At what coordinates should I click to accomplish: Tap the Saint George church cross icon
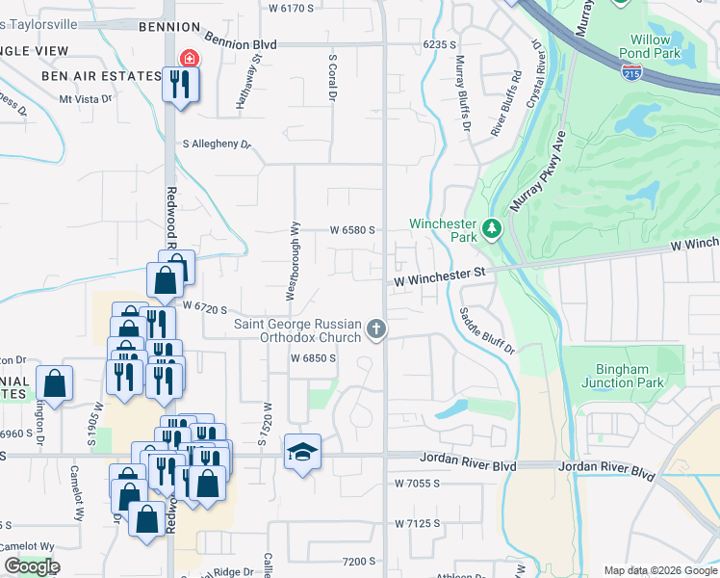click(376, 330)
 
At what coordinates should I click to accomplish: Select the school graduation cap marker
click(302, 451)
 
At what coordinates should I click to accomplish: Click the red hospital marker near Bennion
click(190, 59)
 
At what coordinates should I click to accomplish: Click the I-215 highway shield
click(631, 73)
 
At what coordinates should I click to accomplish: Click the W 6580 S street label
click(351, 230)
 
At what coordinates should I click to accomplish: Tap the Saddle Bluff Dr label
click(486, 330)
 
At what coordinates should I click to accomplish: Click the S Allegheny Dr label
click(217, 144)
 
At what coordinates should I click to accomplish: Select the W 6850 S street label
click(313, 358)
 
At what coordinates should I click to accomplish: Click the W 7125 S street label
click(417, 523)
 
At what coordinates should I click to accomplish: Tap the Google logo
click(32, 566)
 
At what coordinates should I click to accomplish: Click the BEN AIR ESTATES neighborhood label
click(100, 75)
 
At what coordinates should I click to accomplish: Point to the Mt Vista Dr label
click(85, 98)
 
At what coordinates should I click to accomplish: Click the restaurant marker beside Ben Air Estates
click(179, 84)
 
